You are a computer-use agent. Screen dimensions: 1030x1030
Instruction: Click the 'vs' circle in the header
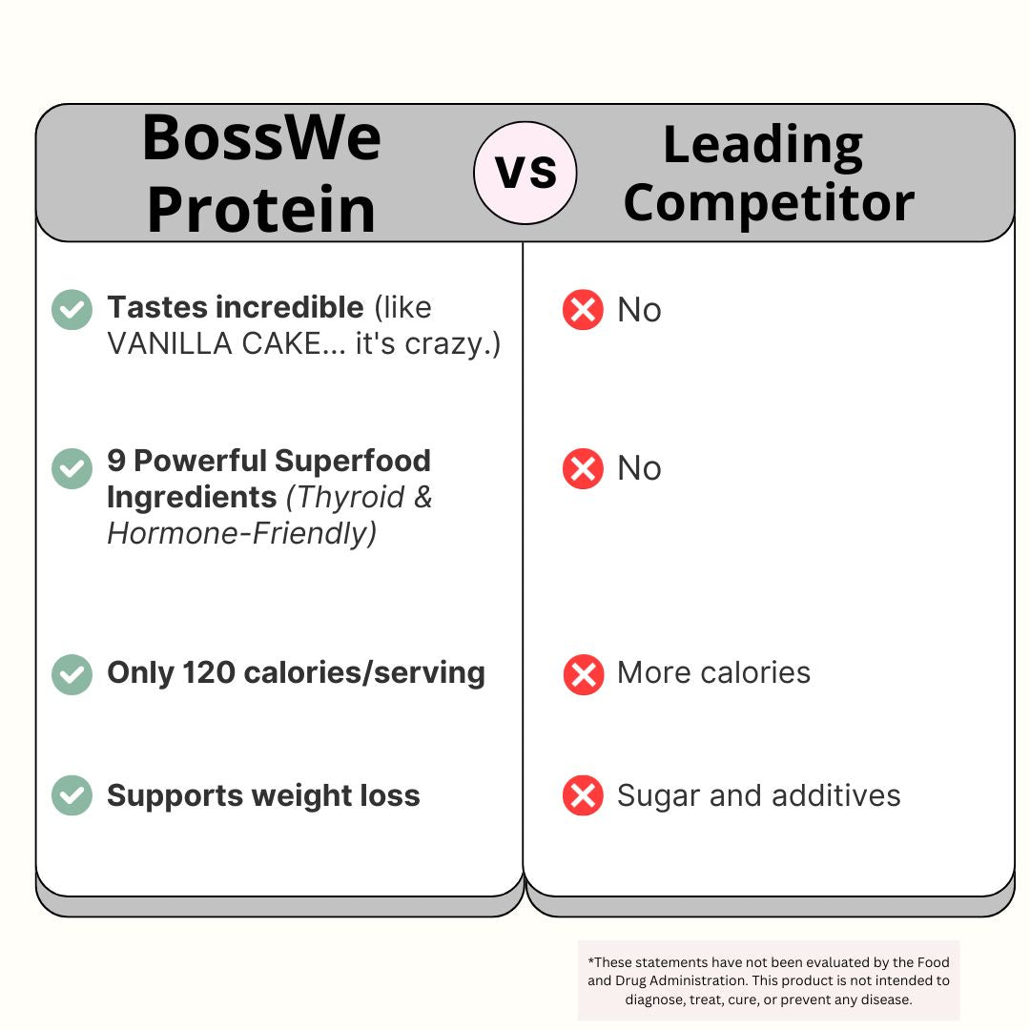pyautogui.click(x=525, y=173)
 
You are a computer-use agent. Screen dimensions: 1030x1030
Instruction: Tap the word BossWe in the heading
pyautogui.click(x=261, y=137)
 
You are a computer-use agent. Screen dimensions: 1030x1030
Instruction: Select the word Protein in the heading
pyautogui.click(x=261, y=210)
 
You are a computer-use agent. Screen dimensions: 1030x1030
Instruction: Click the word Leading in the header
pyautogui.click(x=763, y=145)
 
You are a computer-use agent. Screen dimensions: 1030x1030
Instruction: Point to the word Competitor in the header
pyautogui.click(x=769, y=203)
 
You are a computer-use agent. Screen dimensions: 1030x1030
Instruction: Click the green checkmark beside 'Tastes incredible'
pyautogui.click(x=72, y=309)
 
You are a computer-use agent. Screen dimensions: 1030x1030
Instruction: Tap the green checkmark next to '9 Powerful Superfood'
pyautogui.click(x=72, y=468)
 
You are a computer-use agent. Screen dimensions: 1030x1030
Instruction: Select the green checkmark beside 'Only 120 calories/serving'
pyautogui.click(x=72, y=674)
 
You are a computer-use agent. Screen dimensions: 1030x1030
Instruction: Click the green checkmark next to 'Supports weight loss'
pyautogui.click(x=72, y=795)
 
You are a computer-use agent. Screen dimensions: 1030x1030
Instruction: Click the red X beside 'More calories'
pyautogui.click(x=583, y=674)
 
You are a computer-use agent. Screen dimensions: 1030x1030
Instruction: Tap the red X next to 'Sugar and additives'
pyautogui.click(x=583, y=795)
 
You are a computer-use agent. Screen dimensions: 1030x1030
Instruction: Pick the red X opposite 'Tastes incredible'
pyautogui.click(x=583, y=310)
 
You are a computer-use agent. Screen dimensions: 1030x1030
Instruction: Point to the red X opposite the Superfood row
pyautogui.click(x=583, y=468)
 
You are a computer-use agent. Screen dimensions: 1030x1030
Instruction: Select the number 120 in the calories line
pyautogui.click(x=209, y=672)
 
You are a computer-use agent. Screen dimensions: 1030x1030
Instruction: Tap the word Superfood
pyautogui.click(x=353, y=461)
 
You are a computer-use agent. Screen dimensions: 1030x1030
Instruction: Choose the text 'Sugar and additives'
pyautogui.click(x=758, y=795)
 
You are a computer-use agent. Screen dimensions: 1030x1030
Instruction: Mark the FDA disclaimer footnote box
pyautogui.click(x=769, y=981)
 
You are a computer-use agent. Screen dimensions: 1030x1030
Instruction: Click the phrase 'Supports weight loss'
pyautogui.click(x=263, y=795)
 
